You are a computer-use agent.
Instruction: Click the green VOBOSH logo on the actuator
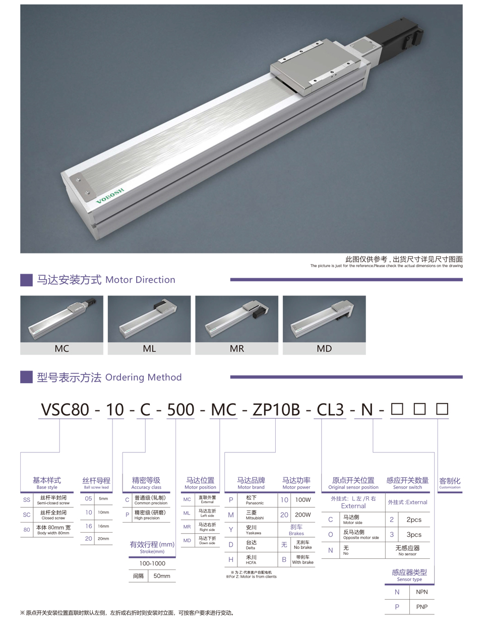(110, 195)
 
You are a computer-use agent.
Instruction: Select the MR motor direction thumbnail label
(237, 349)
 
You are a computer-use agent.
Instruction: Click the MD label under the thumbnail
(324, 349)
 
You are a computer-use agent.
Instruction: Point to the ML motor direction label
(149, 349)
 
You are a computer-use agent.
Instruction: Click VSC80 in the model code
(65, 409)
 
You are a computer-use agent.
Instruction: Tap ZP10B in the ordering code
(276, 409)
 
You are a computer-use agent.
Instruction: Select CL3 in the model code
(330, 409)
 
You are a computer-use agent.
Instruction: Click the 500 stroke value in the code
(180, 409)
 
